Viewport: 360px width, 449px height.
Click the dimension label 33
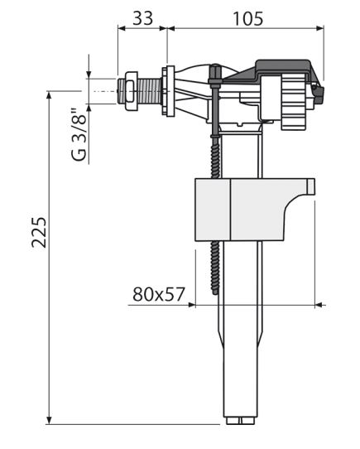tap(143, 18)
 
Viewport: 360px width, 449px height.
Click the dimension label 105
tap(247, 19)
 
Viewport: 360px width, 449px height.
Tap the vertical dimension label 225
tap(39, 233)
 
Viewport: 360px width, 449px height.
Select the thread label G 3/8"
tap(79, 135)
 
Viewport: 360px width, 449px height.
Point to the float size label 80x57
tap(159, 294)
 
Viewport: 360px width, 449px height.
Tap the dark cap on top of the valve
tap(282, 70)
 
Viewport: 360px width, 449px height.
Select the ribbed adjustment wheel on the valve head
tap(295, 102)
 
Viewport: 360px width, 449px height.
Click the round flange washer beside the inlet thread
tap(168, 91)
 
